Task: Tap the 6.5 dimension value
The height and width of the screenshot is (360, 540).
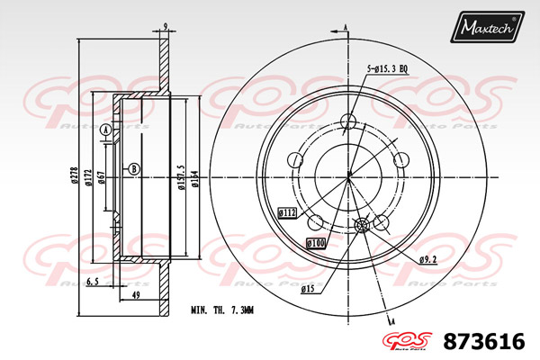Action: tap(91, 282)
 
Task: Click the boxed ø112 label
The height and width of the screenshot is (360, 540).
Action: tap(288, 213)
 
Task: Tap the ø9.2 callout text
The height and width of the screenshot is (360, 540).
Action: tap(428, 260)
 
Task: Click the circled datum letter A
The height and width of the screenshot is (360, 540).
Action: tap(105, 131)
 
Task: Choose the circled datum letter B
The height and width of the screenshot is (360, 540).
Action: tap(134, 168)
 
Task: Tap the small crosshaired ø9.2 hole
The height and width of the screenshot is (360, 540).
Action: tap(363, 226)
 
